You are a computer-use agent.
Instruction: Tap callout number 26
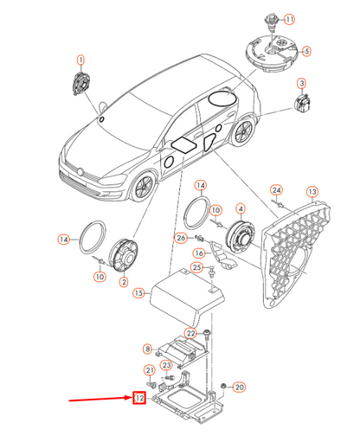pos(181,238)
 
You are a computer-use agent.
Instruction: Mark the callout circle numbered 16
pos(198,253)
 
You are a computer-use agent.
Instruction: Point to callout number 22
pos(207,333)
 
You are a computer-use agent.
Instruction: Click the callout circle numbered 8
pos(148,349)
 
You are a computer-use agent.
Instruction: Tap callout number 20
pos(240,387)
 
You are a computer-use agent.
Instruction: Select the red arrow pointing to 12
pos(100,397)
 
